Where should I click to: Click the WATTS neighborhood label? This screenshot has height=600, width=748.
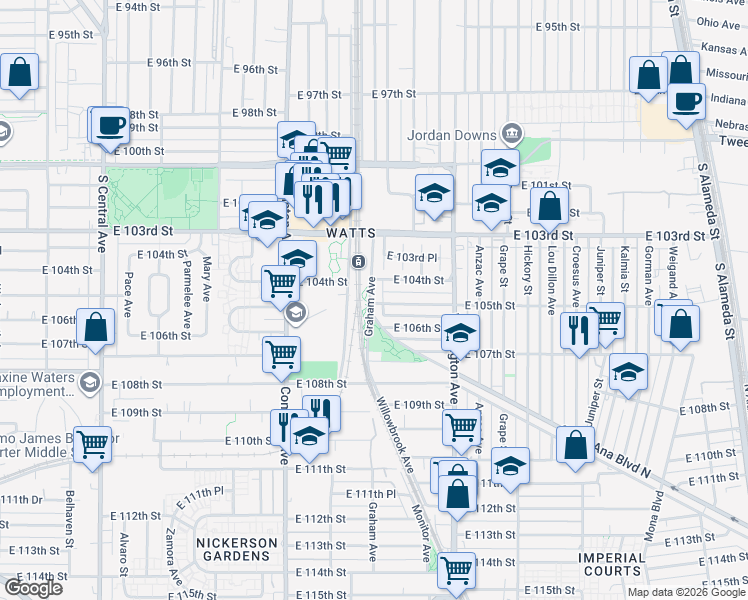[x=351, y=232]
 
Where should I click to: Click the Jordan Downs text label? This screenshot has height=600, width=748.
[x=451, y=135]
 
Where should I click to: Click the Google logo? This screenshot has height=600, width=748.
[x=33, y=588]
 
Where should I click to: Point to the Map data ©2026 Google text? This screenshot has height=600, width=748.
[x=686, y=592]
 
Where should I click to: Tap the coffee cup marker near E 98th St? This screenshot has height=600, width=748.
[x=110, y=126]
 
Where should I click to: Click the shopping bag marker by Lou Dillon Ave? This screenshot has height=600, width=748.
[x=550, y=208]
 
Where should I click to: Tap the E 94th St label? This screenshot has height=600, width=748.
[x=137, y=7]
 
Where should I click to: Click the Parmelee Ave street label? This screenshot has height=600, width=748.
[x=187, y=286]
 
